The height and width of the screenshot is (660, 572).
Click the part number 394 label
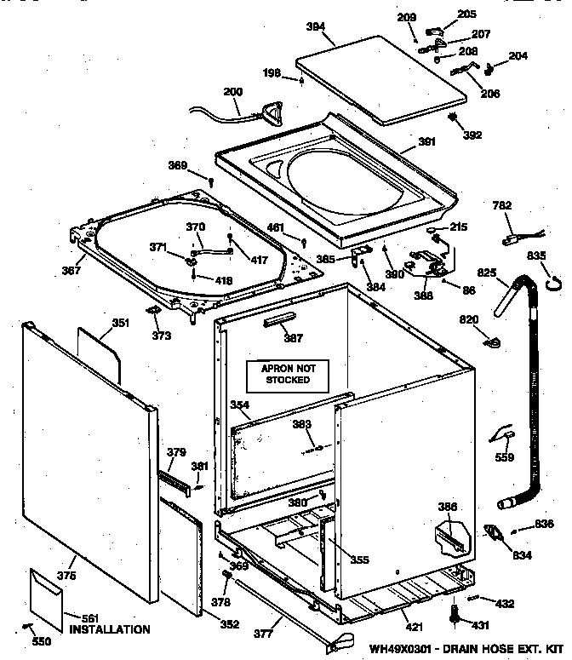(315, 27)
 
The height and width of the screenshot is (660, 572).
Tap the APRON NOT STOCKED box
(287, 373)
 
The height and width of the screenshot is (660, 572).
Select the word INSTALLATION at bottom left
(105, 629)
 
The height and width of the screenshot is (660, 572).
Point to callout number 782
(501, 204)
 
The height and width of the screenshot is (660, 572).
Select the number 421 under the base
(411, 627)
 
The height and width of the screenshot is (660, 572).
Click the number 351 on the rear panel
(120, 323)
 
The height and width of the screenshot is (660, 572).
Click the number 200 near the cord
(232, 92)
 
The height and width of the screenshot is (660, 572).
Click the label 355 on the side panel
(360, 560)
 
